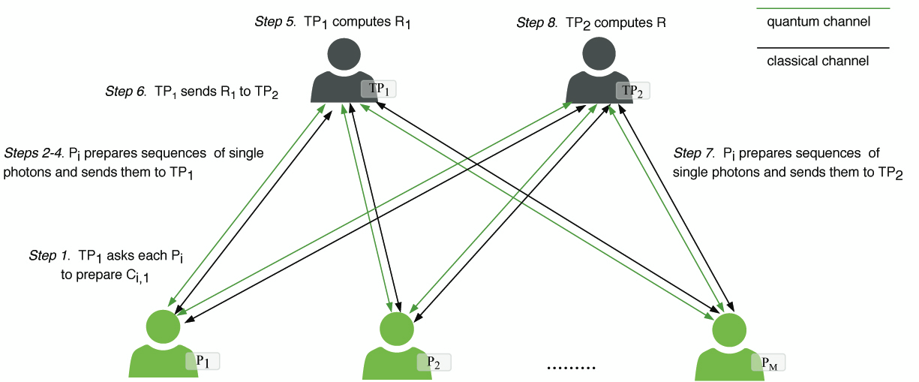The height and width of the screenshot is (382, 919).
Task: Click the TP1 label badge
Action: [378, 89]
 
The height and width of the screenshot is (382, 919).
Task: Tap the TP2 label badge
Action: [633, 91]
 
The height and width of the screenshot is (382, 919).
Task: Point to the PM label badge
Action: [769, 363]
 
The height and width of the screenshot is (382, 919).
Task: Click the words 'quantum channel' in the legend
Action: [818, 22]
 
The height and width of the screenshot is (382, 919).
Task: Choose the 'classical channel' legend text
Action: [818, 62]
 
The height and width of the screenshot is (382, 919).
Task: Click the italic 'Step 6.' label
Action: [127, 92]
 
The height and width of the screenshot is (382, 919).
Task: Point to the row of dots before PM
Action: [571, 368]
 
